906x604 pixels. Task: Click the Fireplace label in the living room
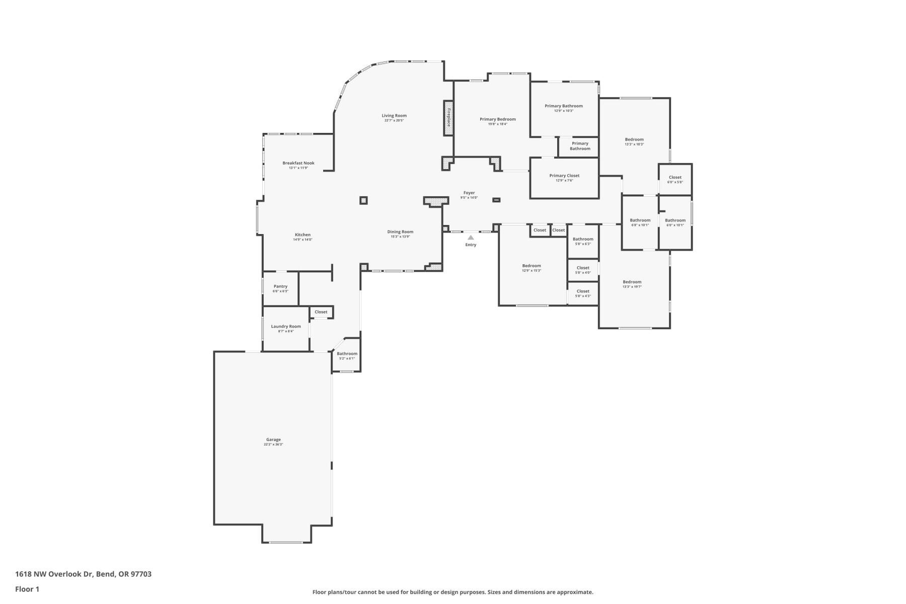[x=448, y=118]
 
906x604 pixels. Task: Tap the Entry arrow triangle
[x=471, y=238]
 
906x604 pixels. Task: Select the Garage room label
[x=273, y=439]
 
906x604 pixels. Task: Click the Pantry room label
[x=280, y=286]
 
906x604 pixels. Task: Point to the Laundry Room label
[x=286, y=327]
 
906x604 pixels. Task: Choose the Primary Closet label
[x=564, y=176]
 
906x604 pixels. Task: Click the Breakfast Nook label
[x=298, y=163]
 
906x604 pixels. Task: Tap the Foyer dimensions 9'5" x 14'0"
[x=469, y=198]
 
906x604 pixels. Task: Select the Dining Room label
[x=400, y=232]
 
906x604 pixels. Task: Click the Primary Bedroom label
[x=497, y=119]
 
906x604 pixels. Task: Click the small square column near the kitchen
[x=363, y=200]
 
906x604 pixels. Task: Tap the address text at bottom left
[x=83, y=574]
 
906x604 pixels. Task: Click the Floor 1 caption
[x=27, y=589]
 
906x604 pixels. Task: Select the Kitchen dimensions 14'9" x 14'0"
[x=303, y=240]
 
